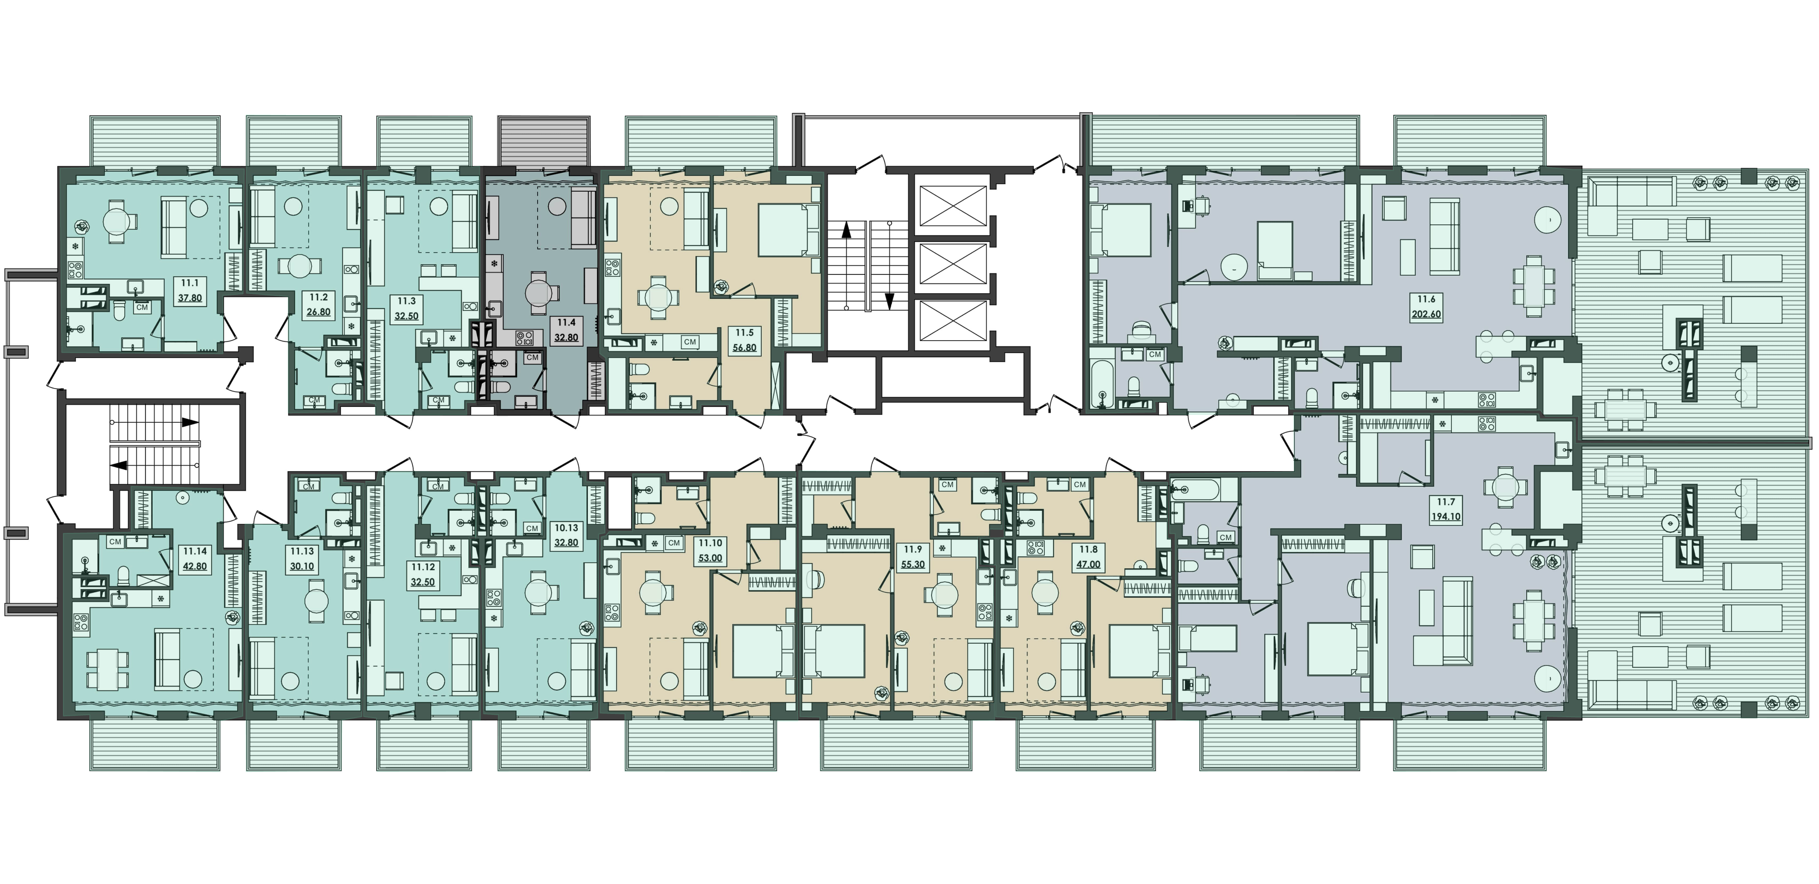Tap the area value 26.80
click(319, 312)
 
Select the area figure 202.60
click(1426, 315)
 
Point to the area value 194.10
click(1446, 516)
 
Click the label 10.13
click(566, 528)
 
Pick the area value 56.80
click(744, 348)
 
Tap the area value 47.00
click(1089, 565)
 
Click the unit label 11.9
click(913, 549)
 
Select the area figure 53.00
click(710, 558)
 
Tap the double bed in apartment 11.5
click(785, 230)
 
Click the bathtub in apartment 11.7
click(1193, 488)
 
